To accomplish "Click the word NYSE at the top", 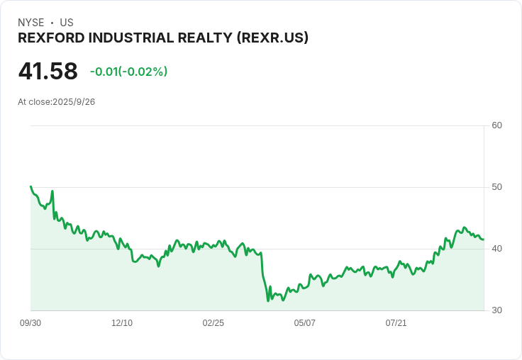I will tap(30, 23).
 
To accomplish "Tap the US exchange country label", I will tap(67, 23).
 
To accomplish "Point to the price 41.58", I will tap(48, 71).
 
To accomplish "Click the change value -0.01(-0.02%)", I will tap(128, 72).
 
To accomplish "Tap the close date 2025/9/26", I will tap(74, 102).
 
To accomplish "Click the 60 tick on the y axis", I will tap(496, 125).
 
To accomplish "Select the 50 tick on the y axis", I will tap(496, 187).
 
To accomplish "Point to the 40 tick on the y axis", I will tap(496, 249).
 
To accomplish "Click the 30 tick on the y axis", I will tap(496, 310).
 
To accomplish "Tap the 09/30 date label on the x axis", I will tap(30, 323).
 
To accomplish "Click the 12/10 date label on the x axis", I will tap(122, 323).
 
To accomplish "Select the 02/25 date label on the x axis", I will tap(213, 323).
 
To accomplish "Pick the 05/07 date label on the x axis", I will tap(304, 323).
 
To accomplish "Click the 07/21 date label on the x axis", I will tap(396, 323).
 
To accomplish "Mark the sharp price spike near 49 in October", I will tap(52, 191).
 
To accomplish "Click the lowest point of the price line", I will tap(268, 300).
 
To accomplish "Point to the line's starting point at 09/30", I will tap(30, 186).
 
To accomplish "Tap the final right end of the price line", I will tap(483, 240).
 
